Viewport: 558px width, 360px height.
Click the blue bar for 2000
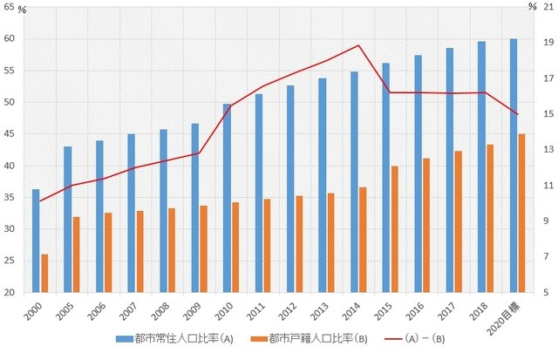point(36,241)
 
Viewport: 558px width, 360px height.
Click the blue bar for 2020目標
point(513,166)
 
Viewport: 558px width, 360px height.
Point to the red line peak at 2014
point(358,45)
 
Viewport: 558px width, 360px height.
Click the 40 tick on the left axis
point(9,166)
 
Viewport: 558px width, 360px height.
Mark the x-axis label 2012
point(286,309)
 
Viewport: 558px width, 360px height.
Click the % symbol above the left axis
point(23,8)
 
